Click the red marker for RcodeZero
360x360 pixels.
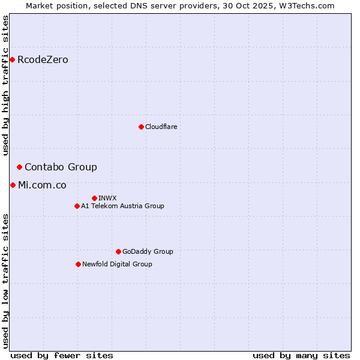click(x=12, y=59)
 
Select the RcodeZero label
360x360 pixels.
click(x=43, y=60)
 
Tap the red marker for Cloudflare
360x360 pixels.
click(x=141, y=127)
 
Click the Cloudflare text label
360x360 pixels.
click(x=161, y=127)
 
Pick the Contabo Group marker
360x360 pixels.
click(x=20, y=167)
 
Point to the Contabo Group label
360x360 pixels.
click(x=61, y=167)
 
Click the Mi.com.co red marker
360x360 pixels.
click(x=13, y=185)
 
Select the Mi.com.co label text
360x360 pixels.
click(x=42, y=185)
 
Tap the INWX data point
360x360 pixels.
click(x=94, y=198)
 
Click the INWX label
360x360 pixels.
click(x=107, y=199)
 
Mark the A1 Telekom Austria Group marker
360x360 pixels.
click(x=77, y=206)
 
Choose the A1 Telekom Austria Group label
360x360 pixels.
click(x=122, y=206)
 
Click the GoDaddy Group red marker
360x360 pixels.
click(x=118, y=251)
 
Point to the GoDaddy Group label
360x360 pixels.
click(x=148, y=252)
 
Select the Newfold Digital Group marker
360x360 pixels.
click(x=78, y=264)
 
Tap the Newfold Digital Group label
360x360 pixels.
click(x=117, y=265)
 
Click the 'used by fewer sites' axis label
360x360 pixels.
click(x=62, y=355)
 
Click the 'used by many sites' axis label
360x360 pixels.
click(x=301, y=355)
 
